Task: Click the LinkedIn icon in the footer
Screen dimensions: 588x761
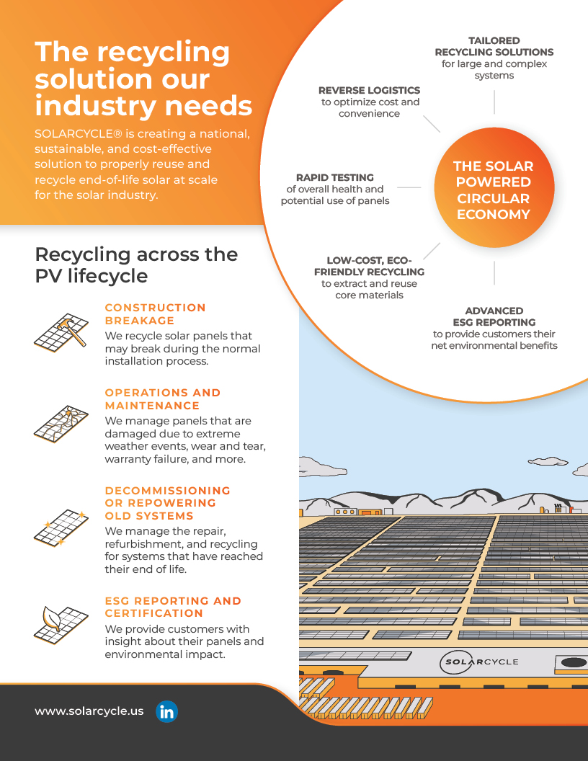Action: click(166, 711)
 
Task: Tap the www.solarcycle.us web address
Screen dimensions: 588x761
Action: click(89, 711)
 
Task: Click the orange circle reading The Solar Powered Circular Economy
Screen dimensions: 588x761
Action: click(494, 190)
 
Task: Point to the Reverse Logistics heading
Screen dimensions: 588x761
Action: click(369, 90)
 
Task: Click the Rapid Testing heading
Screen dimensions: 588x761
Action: click(335, 177)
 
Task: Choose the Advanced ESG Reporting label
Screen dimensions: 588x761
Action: click(494, 316)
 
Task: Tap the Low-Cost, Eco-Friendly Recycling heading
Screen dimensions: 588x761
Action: click(369, 266)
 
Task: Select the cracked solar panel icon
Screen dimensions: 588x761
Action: click(61, 422)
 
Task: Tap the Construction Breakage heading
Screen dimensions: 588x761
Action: click(155, 313)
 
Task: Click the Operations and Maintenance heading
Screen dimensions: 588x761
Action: click(163, 399)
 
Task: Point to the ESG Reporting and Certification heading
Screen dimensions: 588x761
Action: click(173, 607)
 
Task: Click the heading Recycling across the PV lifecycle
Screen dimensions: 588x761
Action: click(136, 264)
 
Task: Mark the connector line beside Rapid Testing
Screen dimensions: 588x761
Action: click(409, 187)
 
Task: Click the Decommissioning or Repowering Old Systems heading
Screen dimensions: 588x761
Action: click(167, 503)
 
